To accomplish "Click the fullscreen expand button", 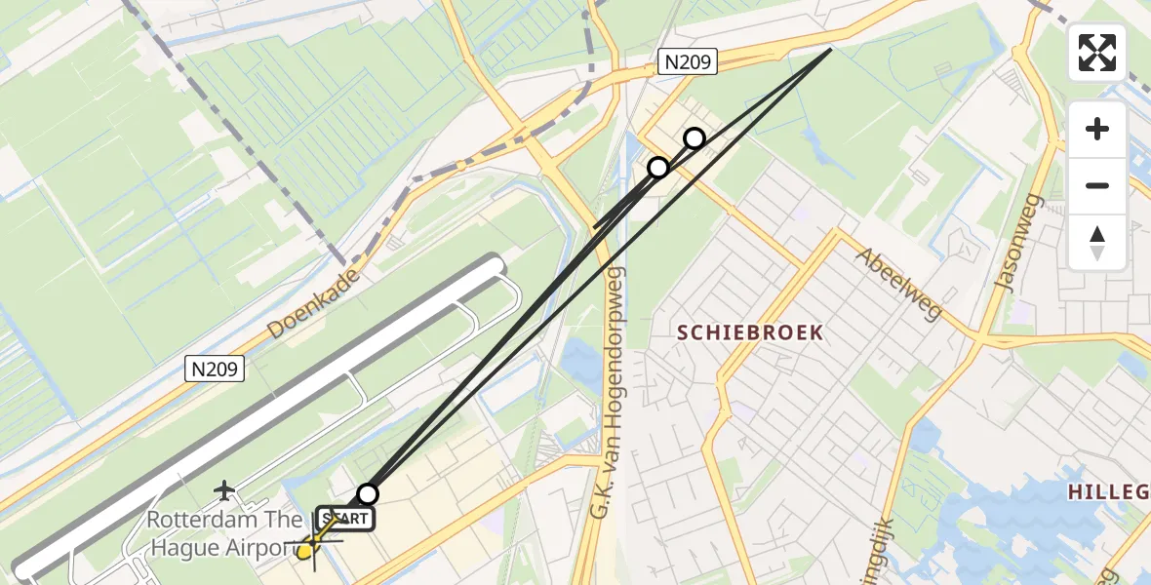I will pyautogui.click(x=1097, y=53).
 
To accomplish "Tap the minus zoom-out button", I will pyautogui.click(x=1097, y=185).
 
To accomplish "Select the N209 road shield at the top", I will pyautogui.click(x=688, y=62).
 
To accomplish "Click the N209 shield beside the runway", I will pyautogui.click(x=214, y=369).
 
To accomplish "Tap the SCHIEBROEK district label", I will pyautogui.click(x=750, y=332).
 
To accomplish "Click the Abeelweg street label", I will pyautogui.click(x=899, y=284).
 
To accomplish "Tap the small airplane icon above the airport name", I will pyautogui.click(x=225, y=487).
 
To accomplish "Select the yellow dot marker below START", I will pyautogui.click(x=304, y=551).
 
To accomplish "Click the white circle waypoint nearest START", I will pyautogui.click(x=368, y=494).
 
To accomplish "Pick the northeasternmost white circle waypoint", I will pyautogui.click(x=695, y=138).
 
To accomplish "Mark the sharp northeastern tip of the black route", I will pyautogui.click(x=830, y=49).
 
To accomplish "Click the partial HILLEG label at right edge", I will pyautogui.click(x=1109, y=492).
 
